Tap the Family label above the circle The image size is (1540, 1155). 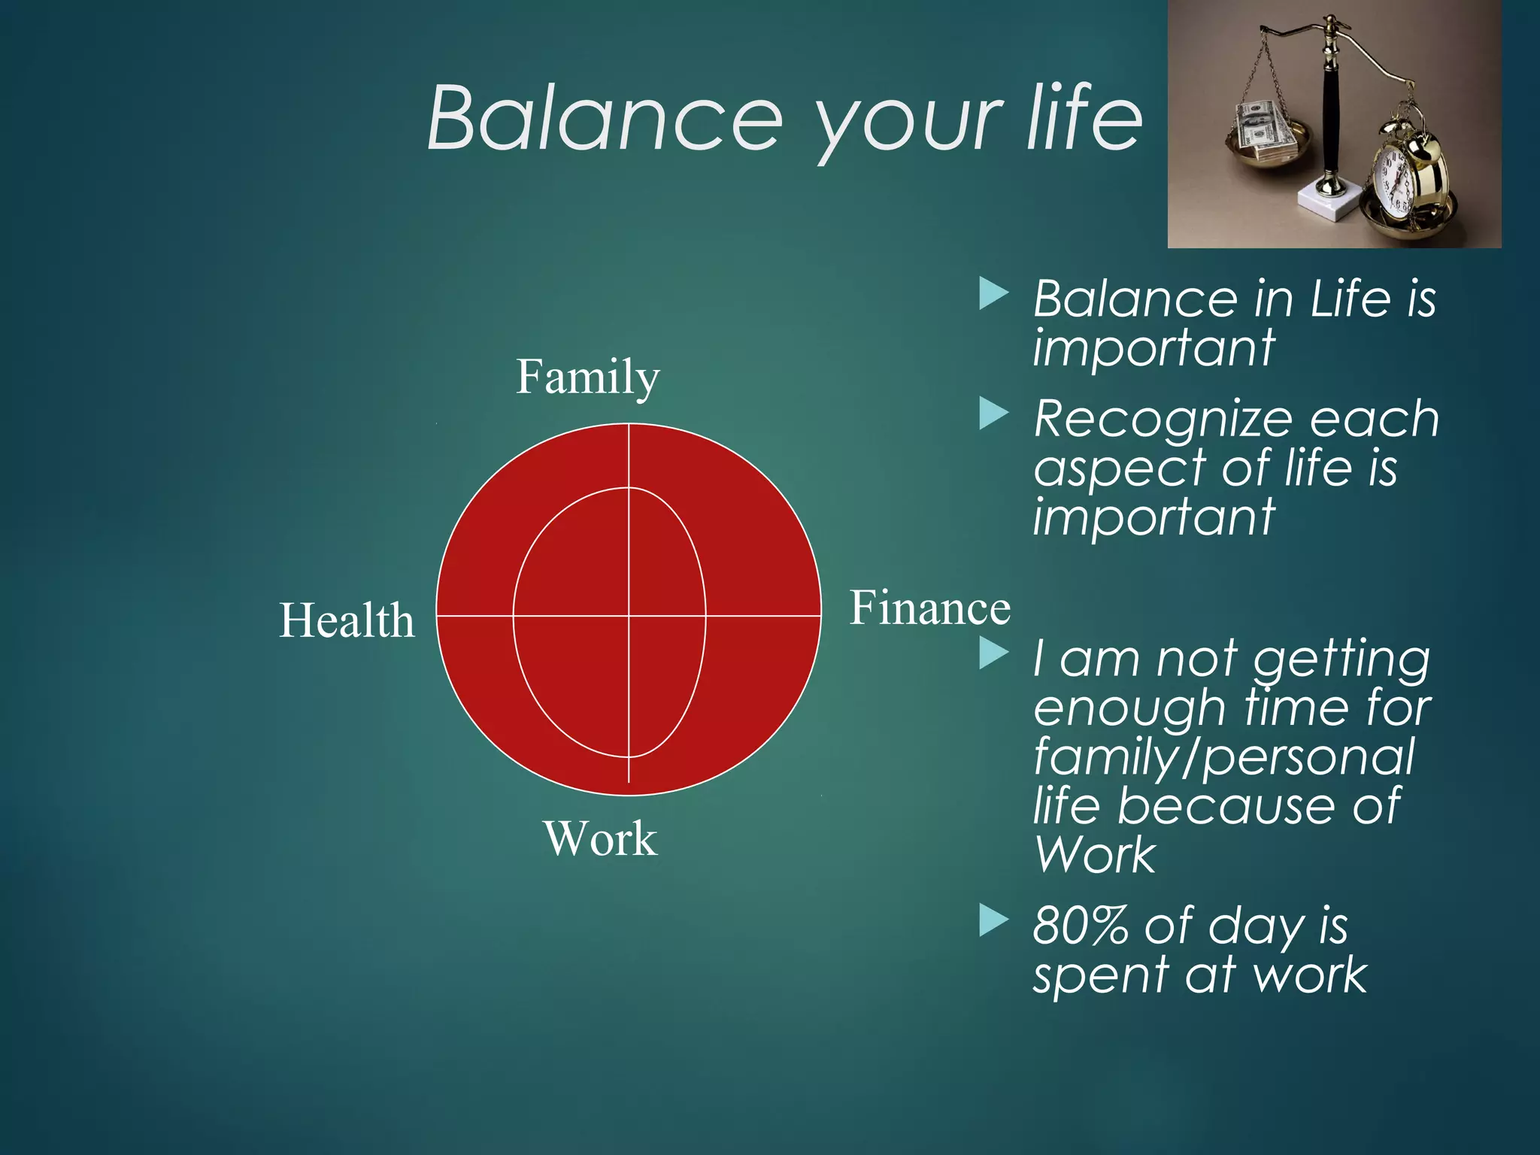587,377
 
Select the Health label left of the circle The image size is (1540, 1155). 347,621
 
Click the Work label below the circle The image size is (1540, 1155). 599,838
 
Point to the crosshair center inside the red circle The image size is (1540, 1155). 629,616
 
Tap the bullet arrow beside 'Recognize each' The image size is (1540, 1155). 993,414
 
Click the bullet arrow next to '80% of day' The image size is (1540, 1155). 993,921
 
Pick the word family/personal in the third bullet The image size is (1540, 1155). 1224,757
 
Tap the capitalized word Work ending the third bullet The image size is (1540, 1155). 1094,855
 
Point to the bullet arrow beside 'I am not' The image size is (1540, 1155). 993,653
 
